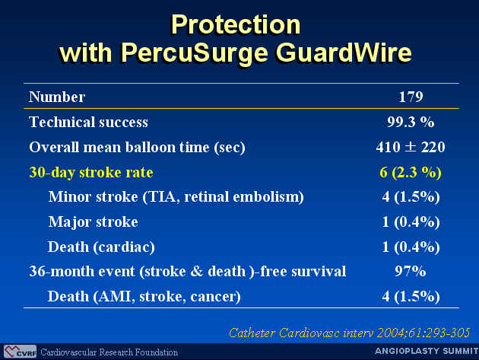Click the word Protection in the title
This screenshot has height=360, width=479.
(x=236, y=24)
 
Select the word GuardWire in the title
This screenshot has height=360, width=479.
(x=344, y=53)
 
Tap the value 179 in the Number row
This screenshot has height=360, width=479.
(x=411, y=97)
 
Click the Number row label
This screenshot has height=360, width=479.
(x=57, y=97)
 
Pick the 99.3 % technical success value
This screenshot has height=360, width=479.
(x=411, y=122)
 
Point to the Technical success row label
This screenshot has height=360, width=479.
(x=88, y=122)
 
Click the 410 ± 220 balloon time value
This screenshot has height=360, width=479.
(x=411, y=147)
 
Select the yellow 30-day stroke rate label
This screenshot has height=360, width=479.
(x=91, y=172)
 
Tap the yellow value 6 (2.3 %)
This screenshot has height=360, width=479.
(x=411, y=173)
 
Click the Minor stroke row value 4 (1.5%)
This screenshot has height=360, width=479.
(x=411, y=196)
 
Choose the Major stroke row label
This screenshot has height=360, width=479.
(x=94, y=221)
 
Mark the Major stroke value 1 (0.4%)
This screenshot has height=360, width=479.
(x=411, y=221)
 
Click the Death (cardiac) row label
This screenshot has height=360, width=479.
(x=101, y=247)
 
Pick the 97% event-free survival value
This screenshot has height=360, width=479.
(x=411, y=271)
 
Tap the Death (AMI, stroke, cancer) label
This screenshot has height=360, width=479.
(x=144, y=296)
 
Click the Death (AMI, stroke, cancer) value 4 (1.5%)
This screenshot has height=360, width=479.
(x=411, y=297)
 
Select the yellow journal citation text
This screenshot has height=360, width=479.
(x=349, y=333)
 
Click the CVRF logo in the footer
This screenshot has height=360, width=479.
(x=20, y=351)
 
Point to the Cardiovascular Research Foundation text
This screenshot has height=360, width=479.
(x=109, y=352)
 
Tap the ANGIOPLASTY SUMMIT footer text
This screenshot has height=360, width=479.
(x=427, y=351)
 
